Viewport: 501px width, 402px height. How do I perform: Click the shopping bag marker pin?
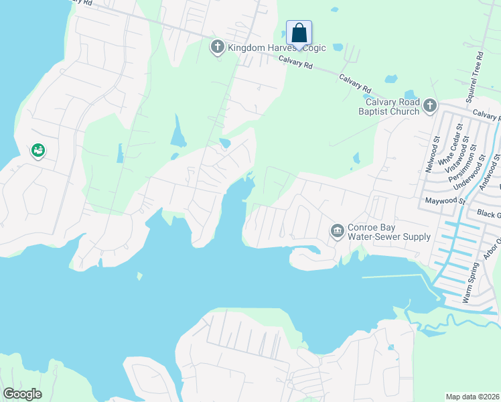pyautogui.click(x=299, y=33)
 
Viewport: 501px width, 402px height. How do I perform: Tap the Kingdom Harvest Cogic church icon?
pyautogui.click(x=217, y=48)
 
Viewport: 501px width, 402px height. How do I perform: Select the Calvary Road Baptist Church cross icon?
pyautogui.click(x=429, y=105)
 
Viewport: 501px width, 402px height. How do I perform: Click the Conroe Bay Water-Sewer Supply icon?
pyautogui.click(x=337, y=231)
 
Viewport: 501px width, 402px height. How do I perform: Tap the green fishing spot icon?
pyautogui.click(x=38, y=151)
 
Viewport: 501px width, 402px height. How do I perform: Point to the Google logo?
pyautogui.click(x=22, y=394)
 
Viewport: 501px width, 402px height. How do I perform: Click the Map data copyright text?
pyautogui.click(x=473, y=397)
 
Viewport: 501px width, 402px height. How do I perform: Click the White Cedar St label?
pyautogui.click(x=450, y=145)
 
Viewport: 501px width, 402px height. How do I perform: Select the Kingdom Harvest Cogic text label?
pyautogui.click(x=277, y=48)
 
